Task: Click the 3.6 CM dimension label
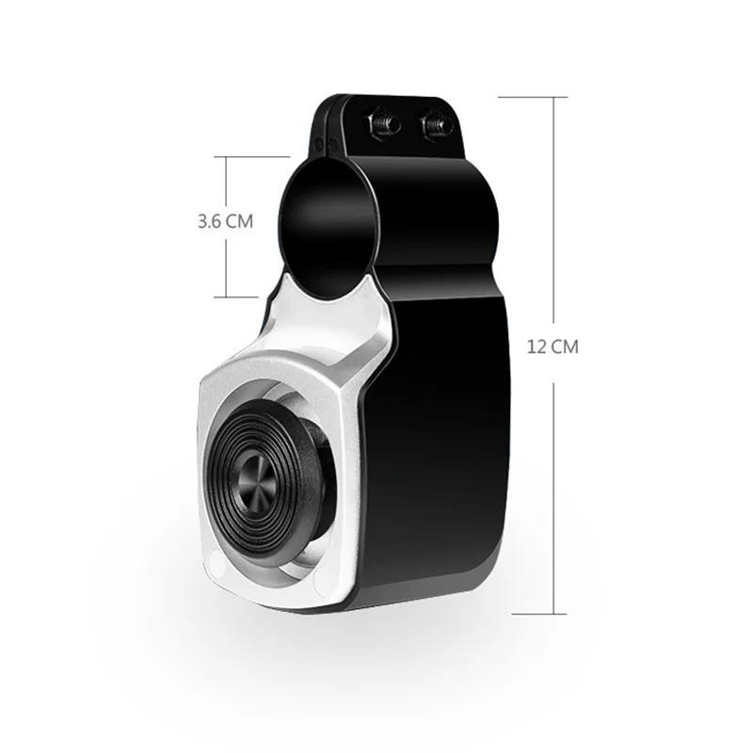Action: pos(225,221)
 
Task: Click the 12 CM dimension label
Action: pos(553,346)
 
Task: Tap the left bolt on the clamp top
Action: pos(383,124)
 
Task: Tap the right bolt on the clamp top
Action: pos(437,126)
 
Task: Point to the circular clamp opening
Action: pos(326,228)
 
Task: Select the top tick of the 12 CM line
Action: pos(533,98)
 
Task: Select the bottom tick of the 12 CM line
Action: pos(539,614)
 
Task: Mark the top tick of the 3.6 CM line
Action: pos(251,156)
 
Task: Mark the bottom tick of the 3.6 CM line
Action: pos(236,297)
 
